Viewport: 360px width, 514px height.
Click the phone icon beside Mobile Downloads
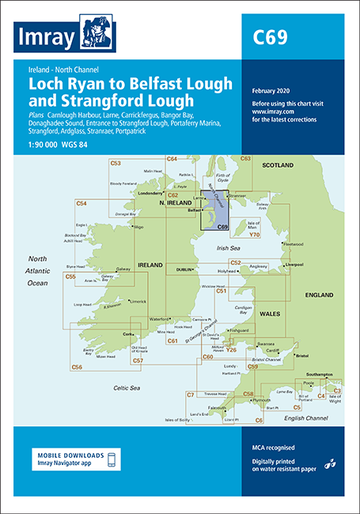coord(112,459)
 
